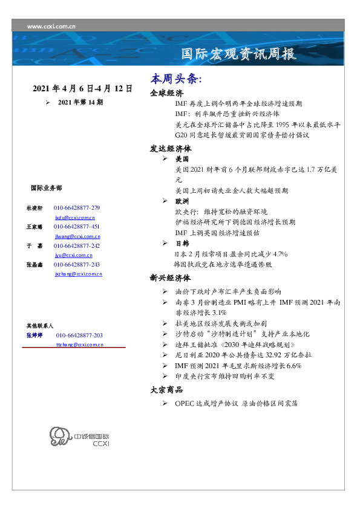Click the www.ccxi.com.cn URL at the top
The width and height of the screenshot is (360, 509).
click(51, 27)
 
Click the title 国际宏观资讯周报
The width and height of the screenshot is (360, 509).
click(239, 54)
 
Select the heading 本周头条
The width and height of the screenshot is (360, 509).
click(176, 80)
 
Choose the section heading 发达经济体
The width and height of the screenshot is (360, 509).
click(171, 148)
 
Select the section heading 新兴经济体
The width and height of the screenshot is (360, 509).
click(171, 279)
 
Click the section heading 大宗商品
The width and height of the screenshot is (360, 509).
click(166, 390)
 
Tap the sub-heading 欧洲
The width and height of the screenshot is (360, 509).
click(182, 201)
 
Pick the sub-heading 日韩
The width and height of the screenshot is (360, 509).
click(182, 243)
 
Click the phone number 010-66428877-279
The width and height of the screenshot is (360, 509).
click(77, 208)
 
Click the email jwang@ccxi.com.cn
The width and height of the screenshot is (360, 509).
click(77, 236)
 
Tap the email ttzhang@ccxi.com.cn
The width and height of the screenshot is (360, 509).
click(79, 344)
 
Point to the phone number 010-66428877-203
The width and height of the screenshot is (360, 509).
click(79, 335)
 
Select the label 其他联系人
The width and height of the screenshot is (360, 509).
click(40, 326)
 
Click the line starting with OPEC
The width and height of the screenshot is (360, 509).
click(236, 403)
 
